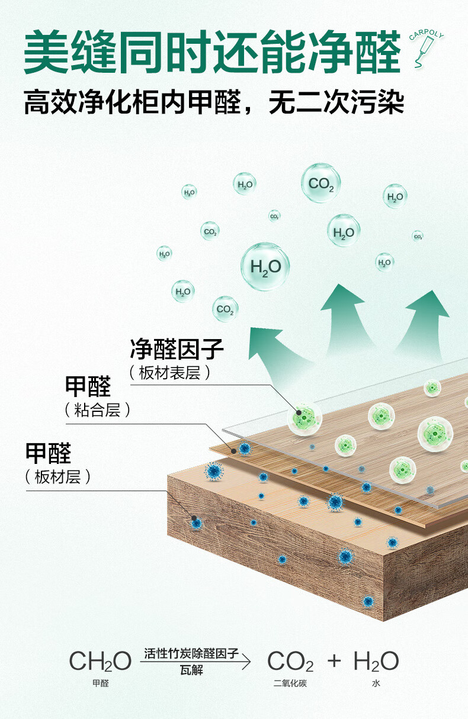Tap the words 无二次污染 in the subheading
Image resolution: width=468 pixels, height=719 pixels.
pyautogui.click(x=336, y=102)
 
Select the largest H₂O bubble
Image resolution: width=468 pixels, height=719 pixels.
pyautogui.click(x=265, y=267)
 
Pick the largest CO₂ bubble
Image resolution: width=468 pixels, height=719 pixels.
pyautogui.click(x=321, y=183)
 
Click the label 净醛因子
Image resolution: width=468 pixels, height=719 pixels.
pyautogui.click(x=177, y=349)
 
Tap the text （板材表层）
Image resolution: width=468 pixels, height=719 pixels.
pyautogui.click(x=169, y=373)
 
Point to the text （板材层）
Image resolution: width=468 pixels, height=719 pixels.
pyautogui.click(x=58, y=477)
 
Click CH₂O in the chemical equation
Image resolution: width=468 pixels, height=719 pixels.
pyautogui.click(x=100, y=661)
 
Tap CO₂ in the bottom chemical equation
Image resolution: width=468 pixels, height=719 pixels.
pyautogui.click(x=290, y=661)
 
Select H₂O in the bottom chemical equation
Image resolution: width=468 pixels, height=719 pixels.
pyautogui.click(x=376, y=661)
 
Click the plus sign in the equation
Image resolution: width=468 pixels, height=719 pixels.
pyautogui.click(x=334, y=660)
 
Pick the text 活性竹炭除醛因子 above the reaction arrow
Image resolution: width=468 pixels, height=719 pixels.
pyautogui.click(x=191, y=653)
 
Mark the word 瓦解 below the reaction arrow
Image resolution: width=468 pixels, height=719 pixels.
pyautogui.click(x=191, y=671)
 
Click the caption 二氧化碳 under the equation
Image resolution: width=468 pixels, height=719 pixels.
pyautogui.click(x=290, y=684)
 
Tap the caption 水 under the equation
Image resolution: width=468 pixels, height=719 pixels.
pyautogui.click(x=376, y=684)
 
